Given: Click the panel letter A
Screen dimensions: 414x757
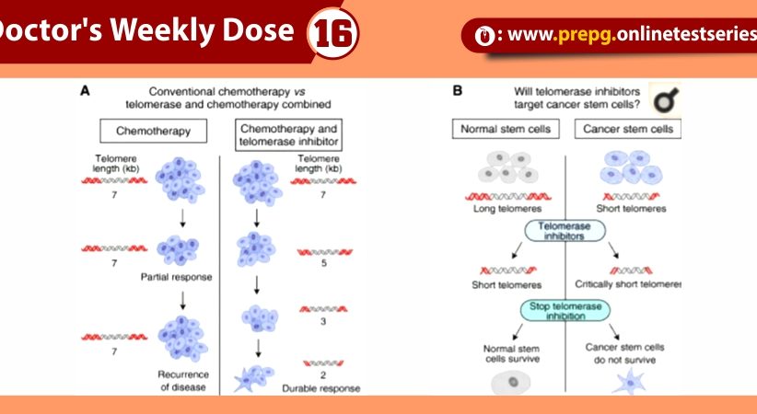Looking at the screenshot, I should (85, 90).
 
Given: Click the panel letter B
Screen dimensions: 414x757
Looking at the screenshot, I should (458, 90).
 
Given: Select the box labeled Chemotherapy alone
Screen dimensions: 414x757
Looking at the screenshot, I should (153, 132).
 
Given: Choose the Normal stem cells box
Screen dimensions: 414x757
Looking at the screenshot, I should (507, 129).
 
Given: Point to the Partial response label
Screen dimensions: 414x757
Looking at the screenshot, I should (176, 277).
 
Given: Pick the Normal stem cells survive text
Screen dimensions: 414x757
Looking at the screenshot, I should (505, 354).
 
